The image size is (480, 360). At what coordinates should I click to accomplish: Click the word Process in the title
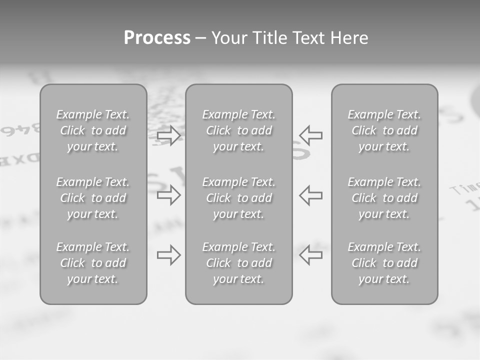click(x=157, y=38)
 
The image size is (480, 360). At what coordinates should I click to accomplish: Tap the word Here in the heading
click(x=349, y=38)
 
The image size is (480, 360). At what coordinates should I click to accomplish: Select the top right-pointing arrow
click(x=168, y=135)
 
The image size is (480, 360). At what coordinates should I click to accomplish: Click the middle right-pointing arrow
click(x=168, y=195)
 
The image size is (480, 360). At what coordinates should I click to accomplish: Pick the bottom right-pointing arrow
click(x=168, y=255)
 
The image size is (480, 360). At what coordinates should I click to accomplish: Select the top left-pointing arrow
click(x=311, y=135)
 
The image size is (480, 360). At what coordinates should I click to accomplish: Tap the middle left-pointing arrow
click(x=311, y=195)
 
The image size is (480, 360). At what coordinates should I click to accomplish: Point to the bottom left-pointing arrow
click(x=311, y=255)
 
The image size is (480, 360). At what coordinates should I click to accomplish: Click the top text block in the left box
click(x=93, y=130)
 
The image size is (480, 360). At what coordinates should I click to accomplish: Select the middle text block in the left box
click(x=93, y=198)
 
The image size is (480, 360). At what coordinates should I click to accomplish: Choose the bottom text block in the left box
click(x=93, y=263)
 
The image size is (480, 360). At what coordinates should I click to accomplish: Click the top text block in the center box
click(x=238, y=130)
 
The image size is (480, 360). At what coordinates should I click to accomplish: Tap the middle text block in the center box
click(x=238, y=198)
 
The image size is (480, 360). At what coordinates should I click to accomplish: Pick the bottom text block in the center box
click(x=238, y=263)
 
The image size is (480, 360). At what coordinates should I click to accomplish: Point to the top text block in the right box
click(x=384, y=130)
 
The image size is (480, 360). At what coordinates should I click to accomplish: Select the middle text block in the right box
click(x=384, y=198)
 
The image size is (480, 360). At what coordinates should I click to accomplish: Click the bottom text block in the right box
click(x=384, y=263)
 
